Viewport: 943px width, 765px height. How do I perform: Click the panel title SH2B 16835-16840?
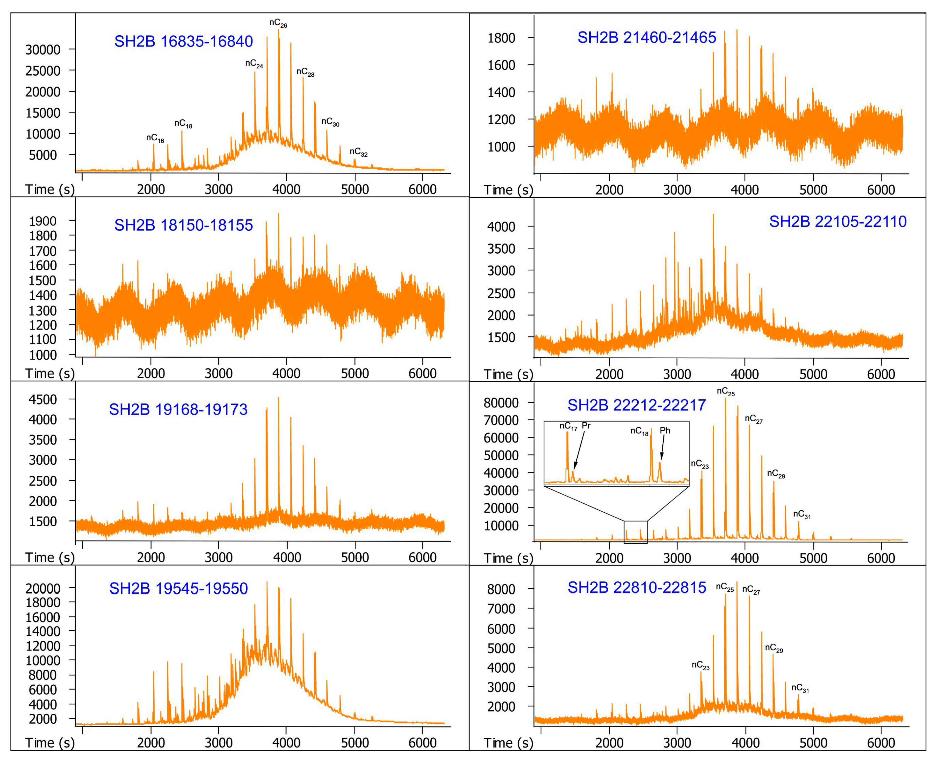click(x=183, y=42)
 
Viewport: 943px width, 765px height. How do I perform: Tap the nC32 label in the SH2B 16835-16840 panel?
click(x=358, y=152)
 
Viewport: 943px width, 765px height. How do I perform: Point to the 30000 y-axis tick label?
click(x=43, y=50)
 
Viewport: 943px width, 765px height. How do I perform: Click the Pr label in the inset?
click(x=586, y=426)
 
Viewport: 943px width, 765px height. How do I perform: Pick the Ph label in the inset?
click(x=665, y=431)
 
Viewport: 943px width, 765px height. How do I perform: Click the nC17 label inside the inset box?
click(x=568, y=426)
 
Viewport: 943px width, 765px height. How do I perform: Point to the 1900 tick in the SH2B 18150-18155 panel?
click(x=43, y=221)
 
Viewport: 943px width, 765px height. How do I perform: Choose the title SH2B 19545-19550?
click(x=179, y=588)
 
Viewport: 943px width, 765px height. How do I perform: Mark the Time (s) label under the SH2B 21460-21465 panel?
click(x=508, y=190)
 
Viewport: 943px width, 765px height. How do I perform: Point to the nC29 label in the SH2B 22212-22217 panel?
click(x=776, y=474)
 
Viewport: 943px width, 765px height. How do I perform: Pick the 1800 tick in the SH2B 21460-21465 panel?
click(x=501, y=38)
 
